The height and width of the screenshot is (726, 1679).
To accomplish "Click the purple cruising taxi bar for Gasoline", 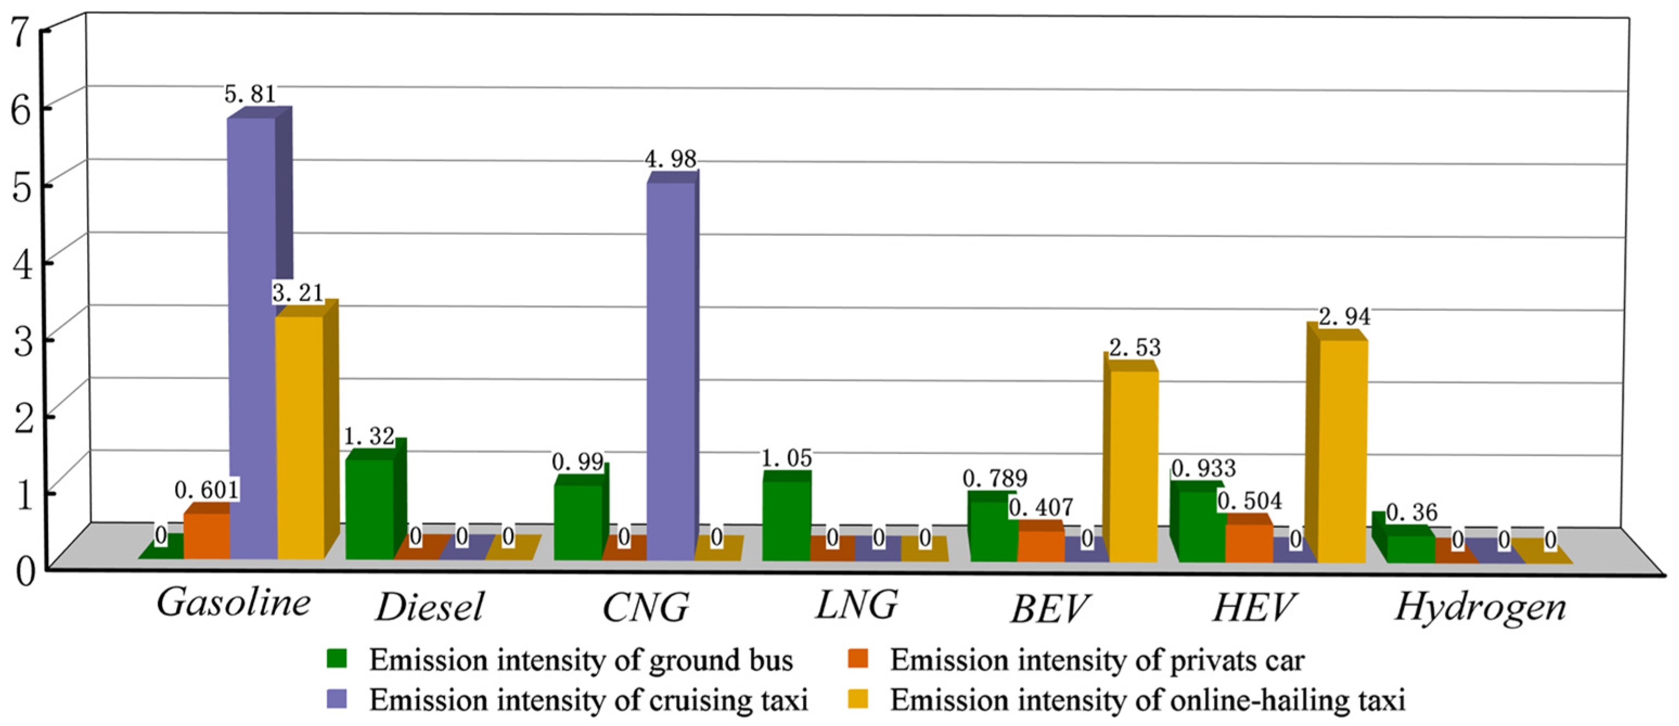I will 251,339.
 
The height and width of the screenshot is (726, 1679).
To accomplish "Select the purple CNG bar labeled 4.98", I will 671,371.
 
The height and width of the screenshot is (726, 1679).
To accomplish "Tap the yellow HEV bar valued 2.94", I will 1343,449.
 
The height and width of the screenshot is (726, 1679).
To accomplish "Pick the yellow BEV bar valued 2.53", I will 1134,466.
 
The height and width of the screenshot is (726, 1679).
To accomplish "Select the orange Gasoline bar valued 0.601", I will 207,536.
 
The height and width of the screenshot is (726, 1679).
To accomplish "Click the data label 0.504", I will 1250,500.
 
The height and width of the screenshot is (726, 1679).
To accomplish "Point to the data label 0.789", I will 995,478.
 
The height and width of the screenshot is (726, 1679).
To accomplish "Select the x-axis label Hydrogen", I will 1480,608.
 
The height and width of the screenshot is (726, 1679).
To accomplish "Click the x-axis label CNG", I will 645,608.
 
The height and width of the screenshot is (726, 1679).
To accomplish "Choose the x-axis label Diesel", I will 429,608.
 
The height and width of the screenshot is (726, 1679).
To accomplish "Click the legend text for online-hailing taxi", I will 1147,700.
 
